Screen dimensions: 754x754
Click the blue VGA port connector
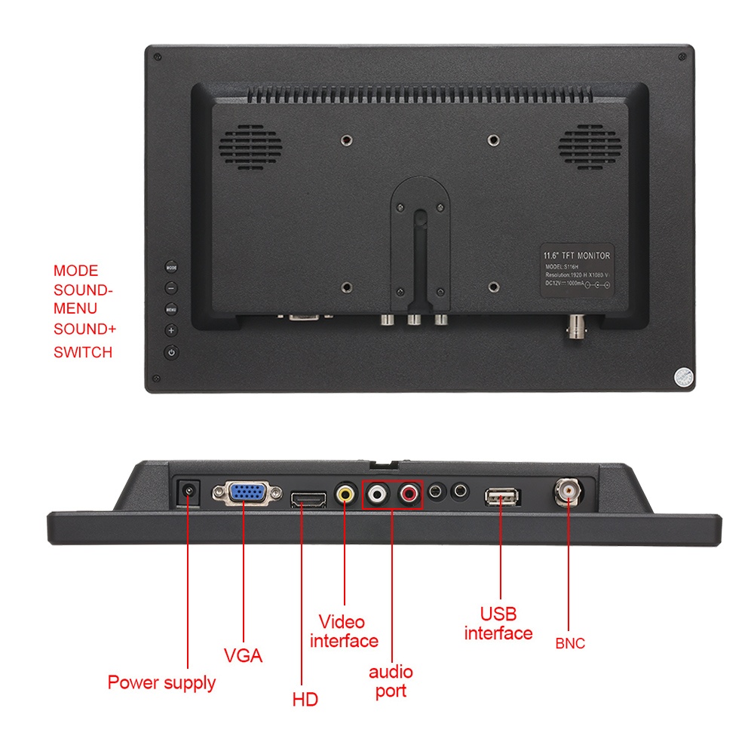247,494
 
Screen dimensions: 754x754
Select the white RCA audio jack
376,495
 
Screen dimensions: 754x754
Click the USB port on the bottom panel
502,496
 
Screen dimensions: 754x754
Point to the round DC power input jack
187,494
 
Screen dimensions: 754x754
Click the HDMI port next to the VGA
308,498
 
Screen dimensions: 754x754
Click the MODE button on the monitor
171,266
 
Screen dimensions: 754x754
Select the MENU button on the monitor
171,308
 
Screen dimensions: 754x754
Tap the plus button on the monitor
171,329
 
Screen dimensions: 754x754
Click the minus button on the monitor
171,287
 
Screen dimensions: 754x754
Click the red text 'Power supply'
161,683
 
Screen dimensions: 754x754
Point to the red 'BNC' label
570,644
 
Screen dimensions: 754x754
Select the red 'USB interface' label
498,624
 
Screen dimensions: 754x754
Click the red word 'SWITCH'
83,352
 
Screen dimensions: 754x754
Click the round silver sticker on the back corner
682,377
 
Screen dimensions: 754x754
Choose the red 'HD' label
305,700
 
